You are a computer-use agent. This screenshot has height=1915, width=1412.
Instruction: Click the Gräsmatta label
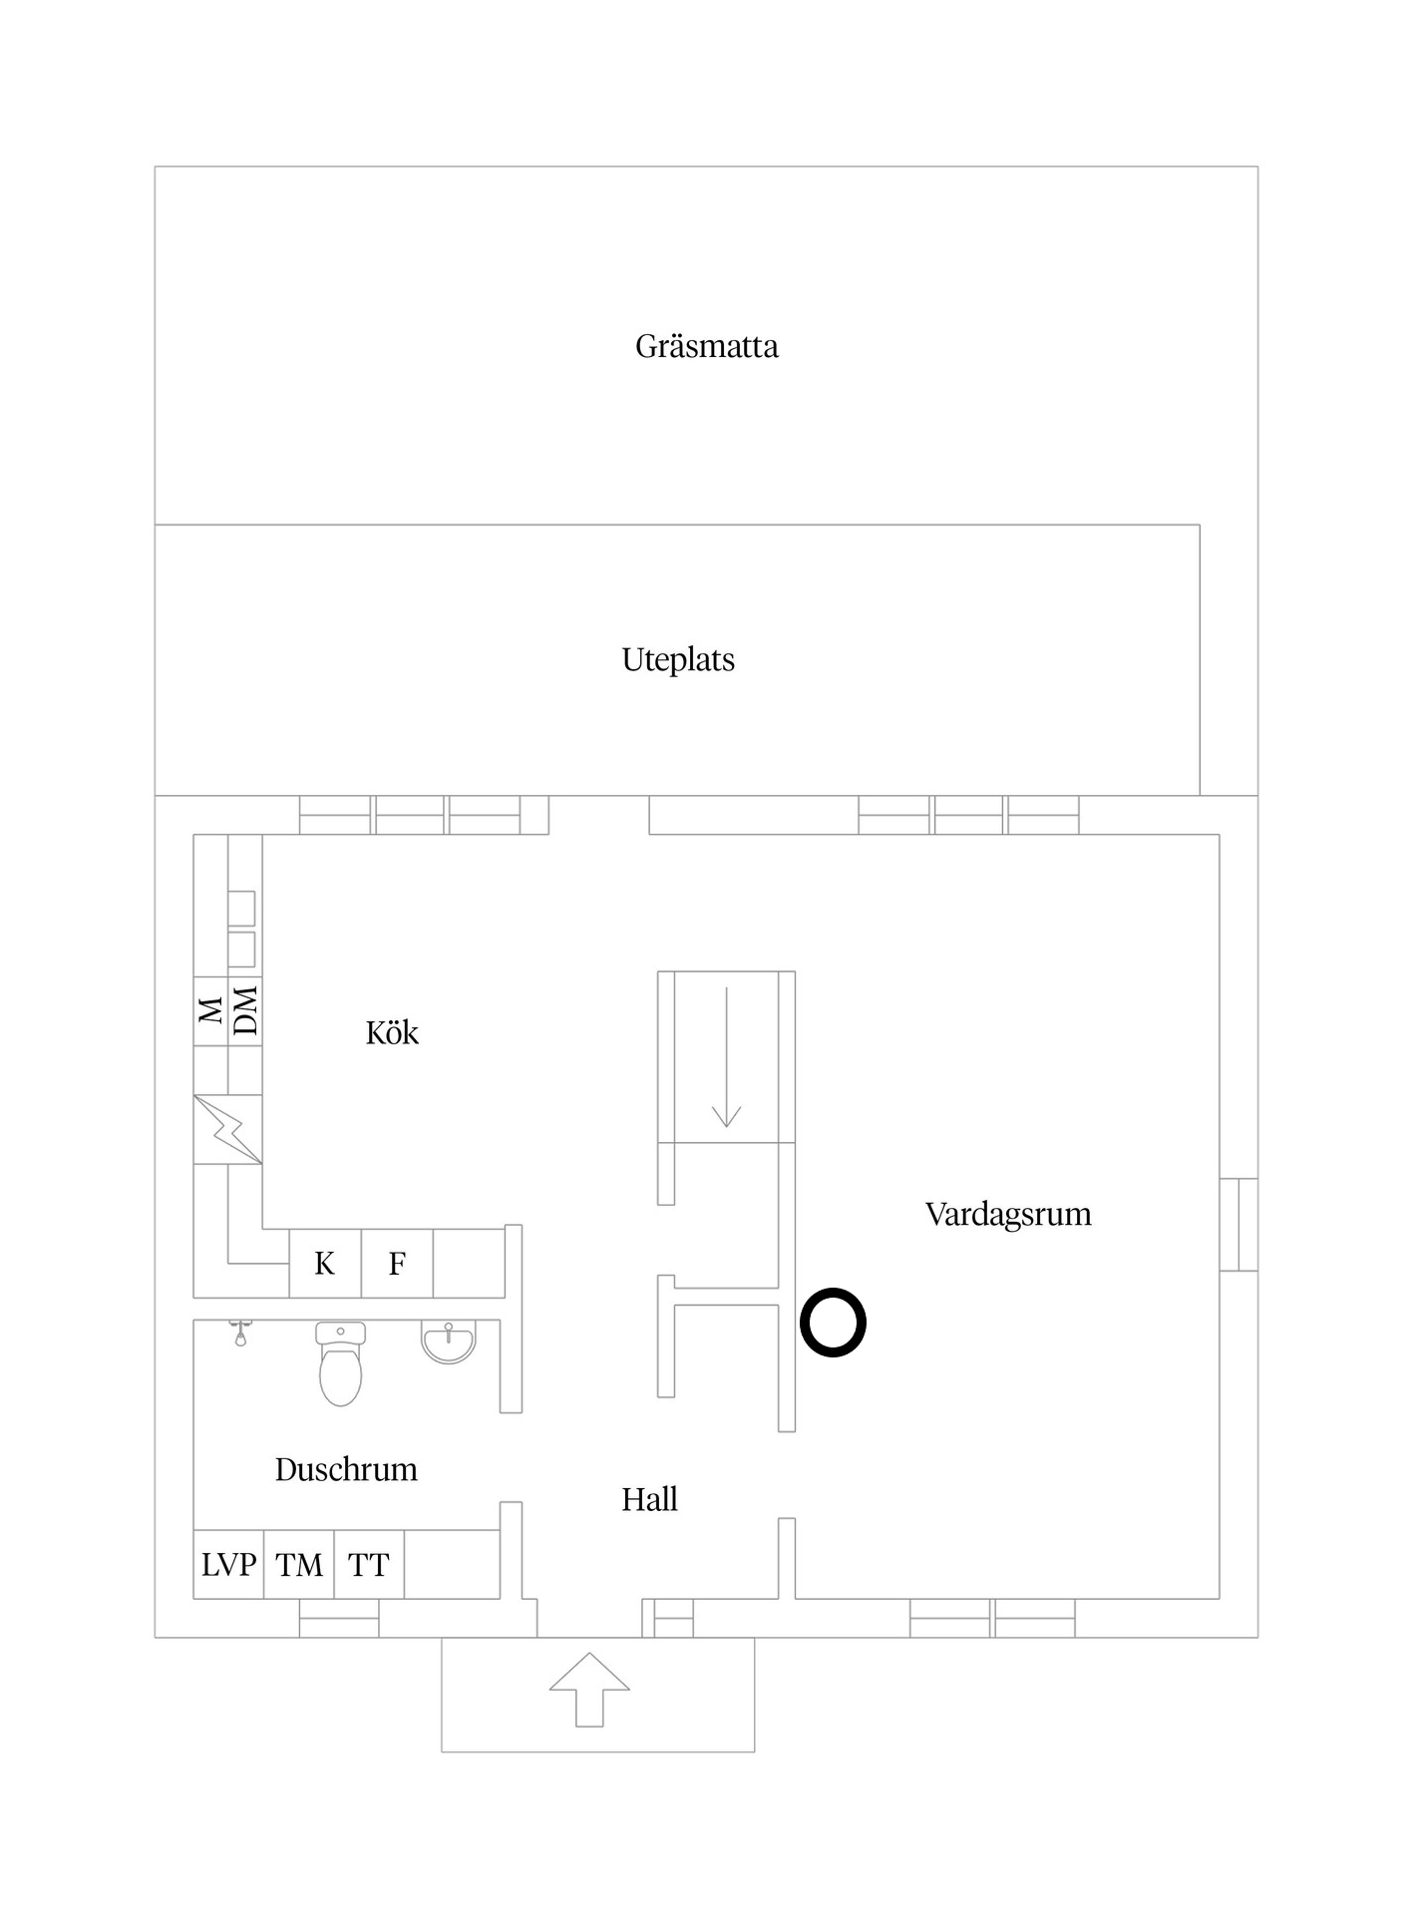pyautogui.click(x=706, y=347)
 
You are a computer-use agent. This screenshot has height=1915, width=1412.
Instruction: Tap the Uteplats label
pyautogui.click(x=678, y=660)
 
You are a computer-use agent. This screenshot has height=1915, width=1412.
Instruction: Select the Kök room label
pyautogui.click(x=392, y=1033)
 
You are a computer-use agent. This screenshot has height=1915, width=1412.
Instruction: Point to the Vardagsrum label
pyautogui.click(x=1008, y=1215)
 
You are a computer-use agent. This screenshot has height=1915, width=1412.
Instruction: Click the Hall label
pyautogui.click(x=649, y=1500)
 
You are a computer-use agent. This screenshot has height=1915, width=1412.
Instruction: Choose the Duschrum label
pyautogui.click(x=346, y=1470)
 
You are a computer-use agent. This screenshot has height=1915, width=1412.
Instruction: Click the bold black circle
pyautogui.click(x=833, y=1324)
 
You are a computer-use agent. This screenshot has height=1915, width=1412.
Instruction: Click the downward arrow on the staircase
pyautogui.click(x=727, y=1057)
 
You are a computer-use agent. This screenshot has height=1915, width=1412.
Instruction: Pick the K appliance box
pyautogui.click(x=325, y=1264)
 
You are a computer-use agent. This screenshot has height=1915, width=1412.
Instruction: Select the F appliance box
pyautogui.click(x=397, y=1264)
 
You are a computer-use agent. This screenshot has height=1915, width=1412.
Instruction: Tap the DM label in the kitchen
pyautogui.click(x=246, y=1010)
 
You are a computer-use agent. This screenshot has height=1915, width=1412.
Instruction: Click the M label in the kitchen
pyautogui.click(x=211, y=1010)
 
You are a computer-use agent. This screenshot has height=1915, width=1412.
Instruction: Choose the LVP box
pyautogui.click(x=228, y=1565)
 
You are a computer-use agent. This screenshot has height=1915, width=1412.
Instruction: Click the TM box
pyautogui.click(x=299, y=1565)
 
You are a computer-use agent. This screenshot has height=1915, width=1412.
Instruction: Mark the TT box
pyautogui.click(x=369, y=1565)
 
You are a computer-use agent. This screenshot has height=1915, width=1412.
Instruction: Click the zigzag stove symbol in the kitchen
pyautogui.click(x=228, y=1130)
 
